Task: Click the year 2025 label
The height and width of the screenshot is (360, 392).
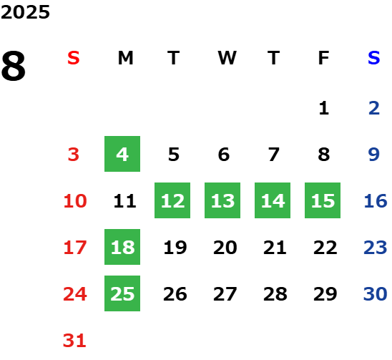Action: coord(25,12)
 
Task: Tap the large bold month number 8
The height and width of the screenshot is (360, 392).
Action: coord(14,66)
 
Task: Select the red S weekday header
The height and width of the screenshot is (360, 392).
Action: coord(74,58)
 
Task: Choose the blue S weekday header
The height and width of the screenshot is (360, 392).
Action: coord(374,58)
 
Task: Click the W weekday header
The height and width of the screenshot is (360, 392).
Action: coord(227,58)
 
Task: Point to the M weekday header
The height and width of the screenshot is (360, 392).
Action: coord(125,58)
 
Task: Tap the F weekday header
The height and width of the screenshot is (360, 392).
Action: coord(324,58)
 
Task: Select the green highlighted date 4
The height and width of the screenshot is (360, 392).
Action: coord(122,154)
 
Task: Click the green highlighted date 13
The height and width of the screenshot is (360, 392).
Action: coord(222,200)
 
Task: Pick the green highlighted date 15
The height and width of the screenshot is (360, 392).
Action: coord(323,200)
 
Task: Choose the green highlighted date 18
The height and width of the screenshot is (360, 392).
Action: coord(122,247)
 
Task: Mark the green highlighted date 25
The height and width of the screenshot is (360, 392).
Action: coord(122,293)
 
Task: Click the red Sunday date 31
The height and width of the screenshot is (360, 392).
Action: coord(74,340)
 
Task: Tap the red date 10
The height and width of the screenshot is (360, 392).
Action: coord(75,200)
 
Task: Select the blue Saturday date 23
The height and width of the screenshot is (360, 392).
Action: coord(376,247)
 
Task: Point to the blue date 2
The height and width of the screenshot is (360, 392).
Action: coord(374,108)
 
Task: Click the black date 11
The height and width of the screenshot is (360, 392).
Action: coord(124,200)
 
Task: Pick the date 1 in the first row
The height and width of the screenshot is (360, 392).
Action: coord(324,108)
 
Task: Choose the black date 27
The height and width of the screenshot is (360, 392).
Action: coord(225,293)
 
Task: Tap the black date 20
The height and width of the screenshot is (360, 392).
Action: coord(225,247)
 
